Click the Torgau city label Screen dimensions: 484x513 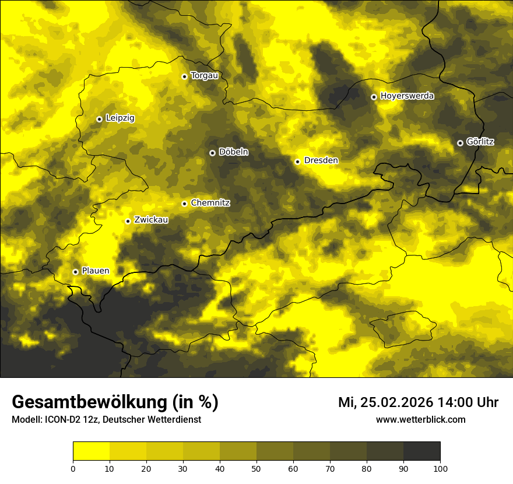(x=204, y=76)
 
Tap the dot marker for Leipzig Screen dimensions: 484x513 (x=99, y=119)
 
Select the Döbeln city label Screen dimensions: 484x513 (x=233, y=152)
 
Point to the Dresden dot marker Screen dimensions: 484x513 (x=297, y=162)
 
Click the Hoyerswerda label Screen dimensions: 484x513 (x=407, y=96)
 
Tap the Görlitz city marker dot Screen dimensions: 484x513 (x=460, y=143)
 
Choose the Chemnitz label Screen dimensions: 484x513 (x=210, y=204)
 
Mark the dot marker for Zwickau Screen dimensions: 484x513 (x=128, y=221)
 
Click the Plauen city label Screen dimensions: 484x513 (x=95, y=271)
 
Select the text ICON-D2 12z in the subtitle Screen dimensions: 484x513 (x=64, y=420)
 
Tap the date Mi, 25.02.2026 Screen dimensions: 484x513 (x=385, y=402)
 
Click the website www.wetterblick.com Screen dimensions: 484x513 (x=420, y=420)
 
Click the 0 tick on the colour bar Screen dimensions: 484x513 (x=73, y=468)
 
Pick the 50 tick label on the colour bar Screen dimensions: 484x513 (x=256, y=468)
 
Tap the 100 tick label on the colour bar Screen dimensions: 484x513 (x=440, y=468)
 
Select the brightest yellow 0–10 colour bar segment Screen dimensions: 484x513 (x=91, y=451)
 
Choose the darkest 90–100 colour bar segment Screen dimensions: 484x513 (x=421, y=451)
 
